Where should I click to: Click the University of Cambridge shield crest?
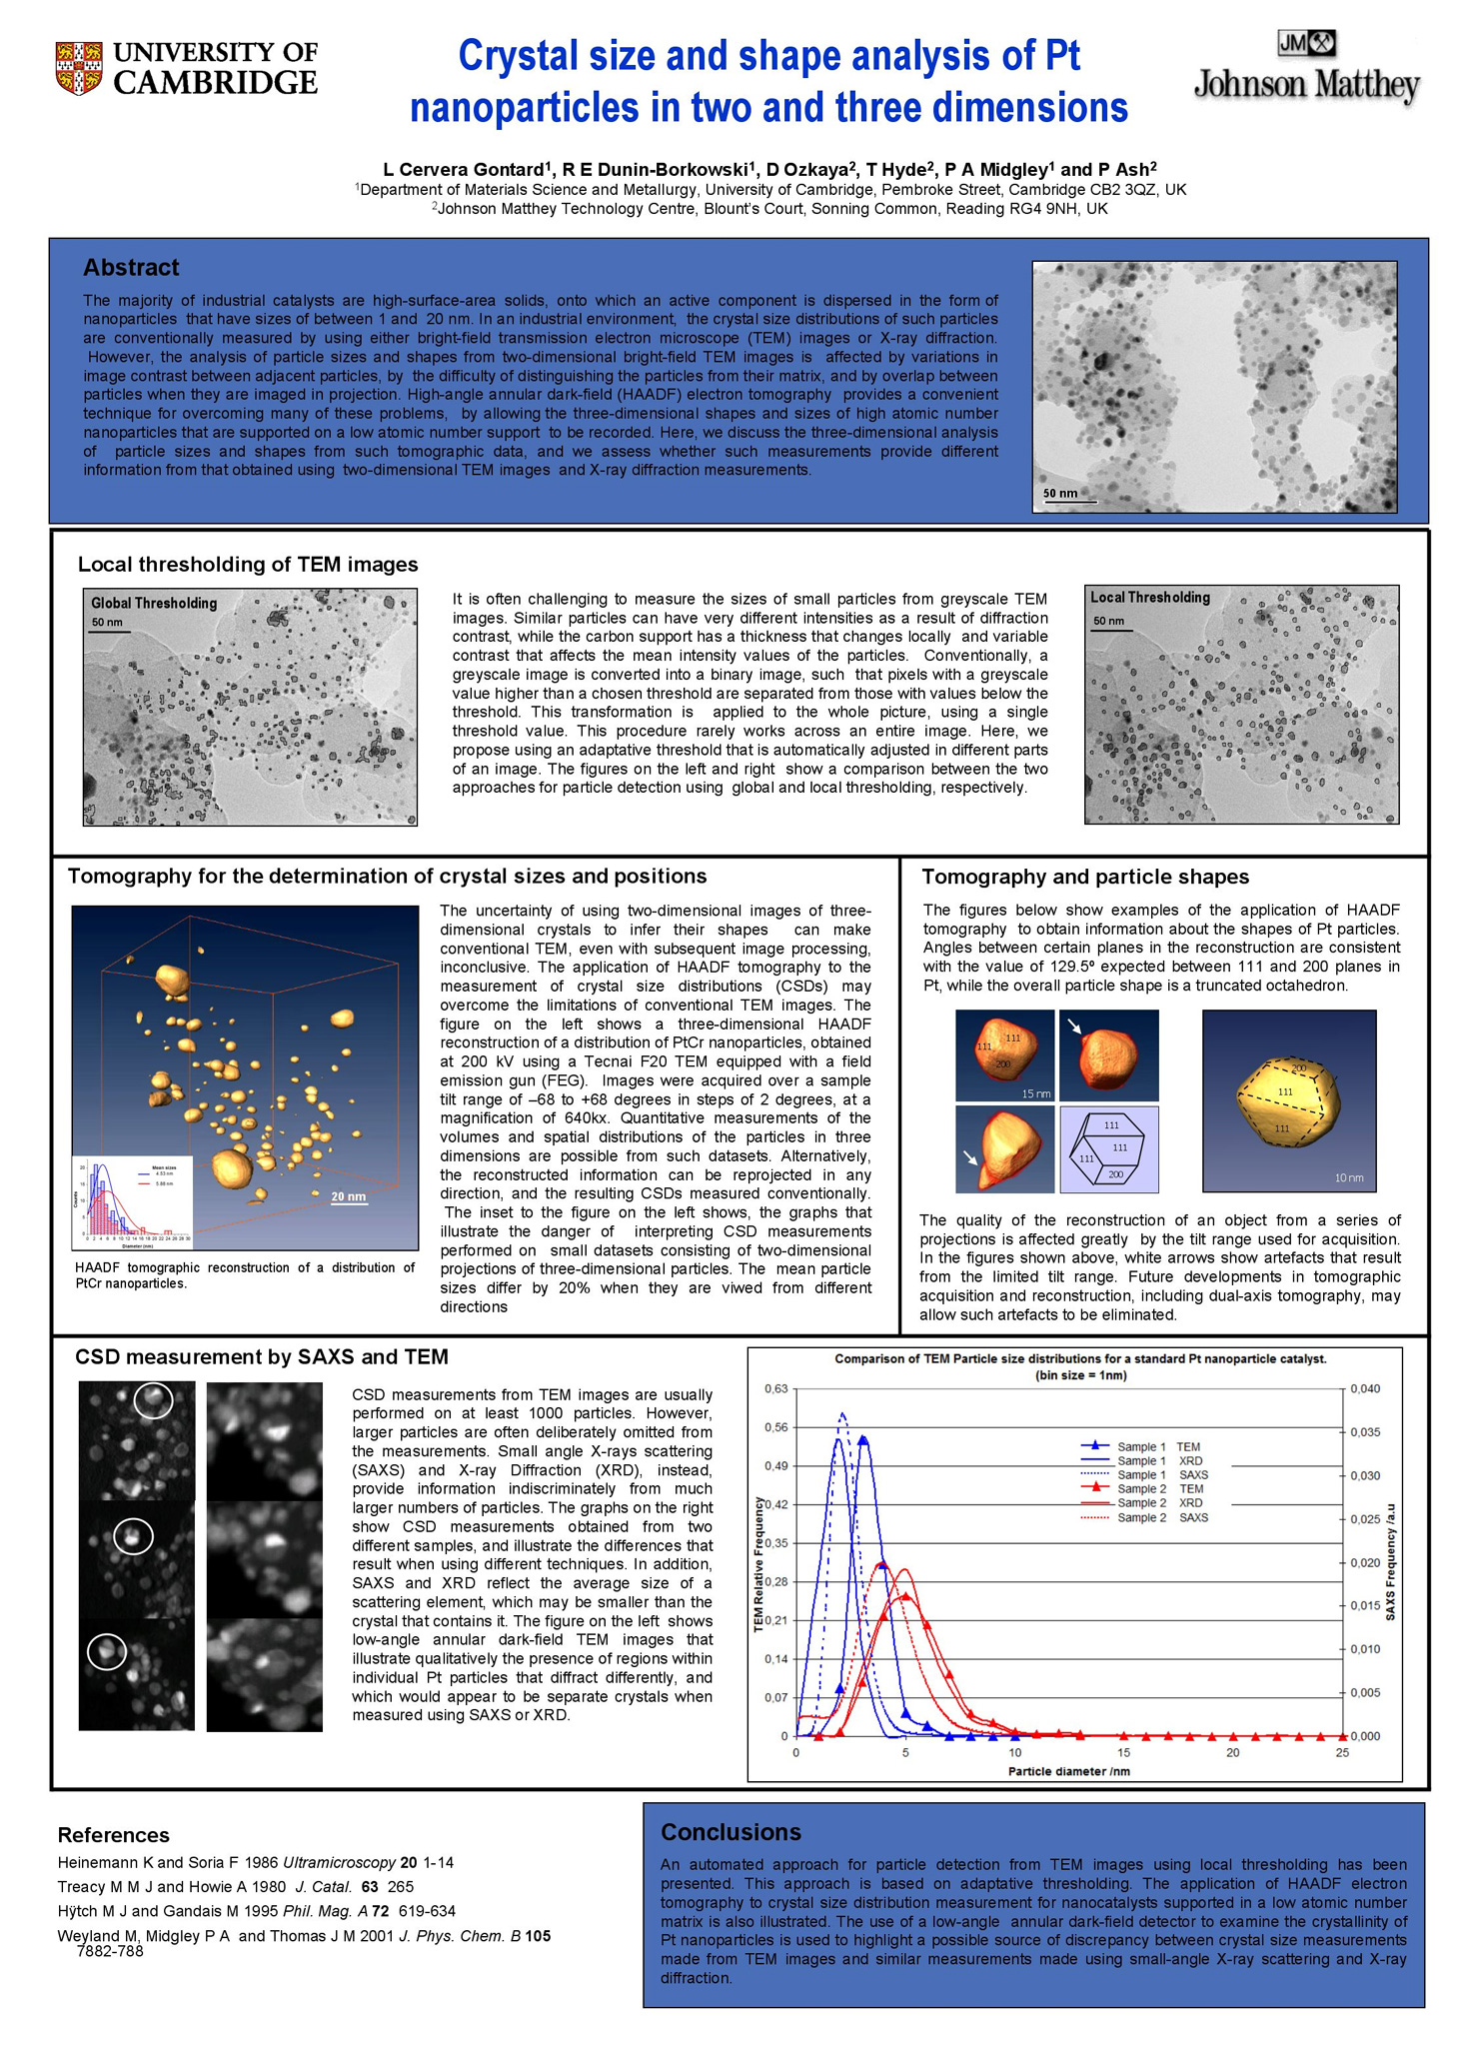coord(79,68)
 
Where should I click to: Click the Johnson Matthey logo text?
coord(1306,86)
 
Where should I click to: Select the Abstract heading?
coord(131,268)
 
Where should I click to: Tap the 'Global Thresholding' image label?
coord(154,603)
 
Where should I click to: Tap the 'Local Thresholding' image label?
coord(1149,598)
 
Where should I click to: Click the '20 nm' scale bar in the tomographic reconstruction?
coord(348,1197)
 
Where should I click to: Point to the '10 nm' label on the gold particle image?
coord(1349,1177)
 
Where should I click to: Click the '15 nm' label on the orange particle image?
coord(1035,1093)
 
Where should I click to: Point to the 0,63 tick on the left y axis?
coord(775,1389)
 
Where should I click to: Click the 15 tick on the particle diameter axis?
coord(1123,1752)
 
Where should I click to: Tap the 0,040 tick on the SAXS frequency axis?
coord(1365,1389)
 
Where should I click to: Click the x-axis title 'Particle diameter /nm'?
coord(1068,1771)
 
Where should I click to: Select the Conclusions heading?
coord(731,1832)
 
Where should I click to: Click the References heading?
coord(113,1835)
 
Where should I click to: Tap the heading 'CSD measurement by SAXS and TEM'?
coord(262,1356)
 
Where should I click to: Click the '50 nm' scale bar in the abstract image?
coord(1061,494)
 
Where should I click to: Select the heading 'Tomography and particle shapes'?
coord(1084,877)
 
